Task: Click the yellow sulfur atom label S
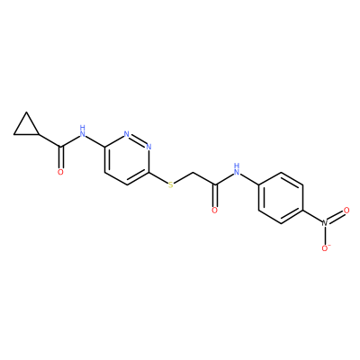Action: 171,184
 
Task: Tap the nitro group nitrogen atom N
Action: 325,223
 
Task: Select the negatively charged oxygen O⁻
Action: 326,247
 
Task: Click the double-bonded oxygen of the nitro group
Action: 346,211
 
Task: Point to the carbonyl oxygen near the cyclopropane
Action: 60,172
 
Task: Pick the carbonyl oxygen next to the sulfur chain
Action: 214,210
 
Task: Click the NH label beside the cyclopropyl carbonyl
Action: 83,131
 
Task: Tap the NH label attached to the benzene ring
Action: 237,169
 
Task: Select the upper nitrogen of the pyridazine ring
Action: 127,134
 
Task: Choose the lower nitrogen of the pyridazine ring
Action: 148,147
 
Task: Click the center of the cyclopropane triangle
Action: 27,127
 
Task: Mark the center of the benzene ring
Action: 281,198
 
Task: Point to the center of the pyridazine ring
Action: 127,159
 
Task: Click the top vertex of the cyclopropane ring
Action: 27,112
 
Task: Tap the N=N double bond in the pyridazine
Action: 138,140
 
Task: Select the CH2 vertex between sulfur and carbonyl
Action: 193,173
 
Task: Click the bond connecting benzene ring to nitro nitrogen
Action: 312,216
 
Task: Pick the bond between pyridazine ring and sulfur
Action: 158,178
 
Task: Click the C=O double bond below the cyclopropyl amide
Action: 61,157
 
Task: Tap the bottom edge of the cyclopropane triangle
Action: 27,134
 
